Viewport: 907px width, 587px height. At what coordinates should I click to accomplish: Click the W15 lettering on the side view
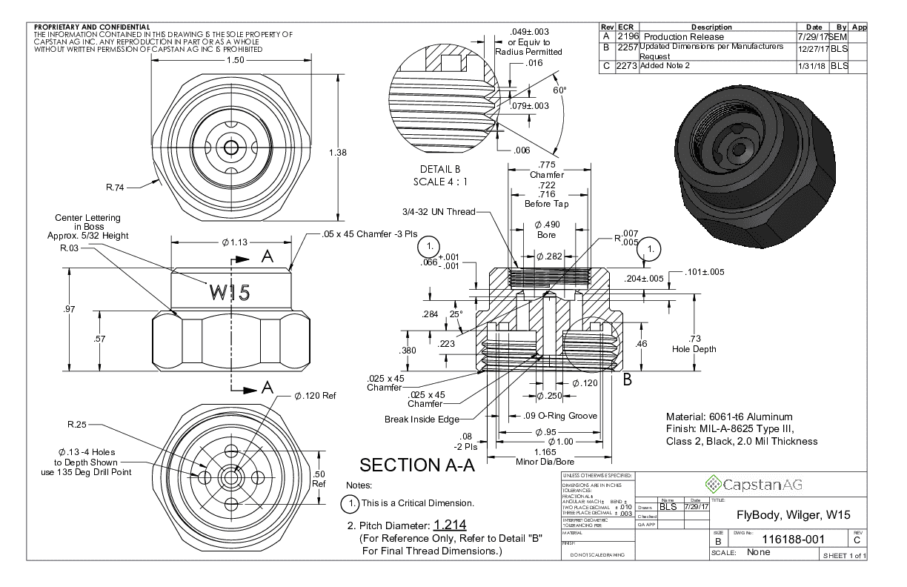point(230,293)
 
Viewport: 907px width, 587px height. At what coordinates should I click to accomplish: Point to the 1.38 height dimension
point(336,152)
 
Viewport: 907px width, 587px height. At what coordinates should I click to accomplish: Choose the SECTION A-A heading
point(417,465)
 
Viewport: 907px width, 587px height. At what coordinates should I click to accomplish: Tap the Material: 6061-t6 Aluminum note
point(729,417)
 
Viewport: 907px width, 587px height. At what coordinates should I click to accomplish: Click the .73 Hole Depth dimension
point(694,344)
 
